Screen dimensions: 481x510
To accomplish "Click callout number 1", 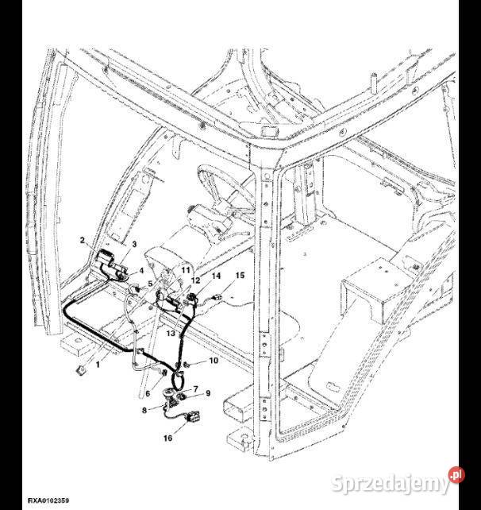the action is tap(98, 365).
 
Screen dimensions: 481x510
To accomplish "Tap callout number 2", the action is tap(83, 240).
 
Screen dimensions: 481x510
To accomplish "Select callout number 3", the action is tap(134, 244).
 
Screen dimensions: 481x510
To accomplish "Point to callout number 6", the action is tap(148, 393).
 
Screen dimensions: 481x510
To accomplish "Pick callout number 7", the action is tap(195, 388).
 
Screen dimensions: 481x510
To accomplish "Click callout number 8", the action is tap(144, 410).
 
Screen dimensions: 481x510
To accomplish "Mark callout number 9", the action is tap(208, 393).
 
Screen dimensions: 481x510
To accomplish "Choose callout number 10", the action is tap(214, 361).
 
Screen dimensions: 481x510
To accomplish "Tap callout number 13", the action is tap(171, 333).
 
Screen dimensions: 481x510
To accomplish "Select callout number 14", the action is tap(216, 276).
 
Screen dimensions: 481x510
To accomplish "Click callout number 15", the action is tap(240, 276).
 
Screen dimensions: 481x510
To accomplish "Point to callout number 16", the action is tap(167, 439).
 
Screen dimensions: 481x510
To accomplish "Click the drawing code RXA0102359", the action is tap(48, 500).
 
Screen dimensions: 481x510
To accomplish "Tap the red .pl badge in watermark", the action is tap(456, 475).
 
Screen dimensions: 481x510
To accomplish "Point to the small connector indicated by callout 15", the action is tap(217, 296).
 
